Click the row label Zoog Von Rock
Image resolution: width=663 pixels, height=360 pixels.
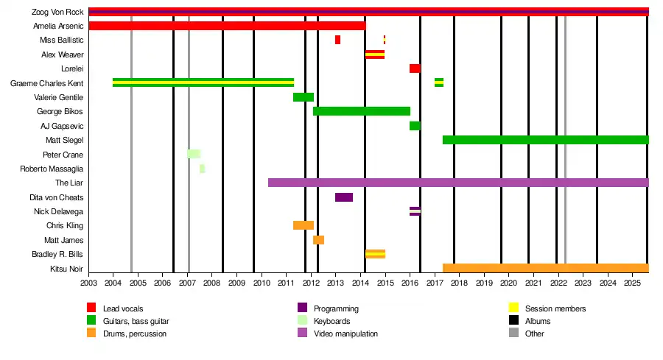(58, 12)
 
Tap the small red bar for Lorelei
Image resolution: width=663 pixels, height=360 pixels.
(415, 68)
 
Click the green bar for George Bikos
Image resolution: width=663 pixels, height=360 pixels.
(361, 111)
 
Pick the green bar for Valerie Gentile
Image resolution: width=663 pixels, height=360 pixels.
(304, 97)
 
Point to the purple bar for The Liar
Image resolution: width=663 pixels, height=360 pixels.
(457, 183)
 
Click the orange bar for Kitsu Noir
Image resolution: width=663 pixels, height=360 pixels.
(545, 268)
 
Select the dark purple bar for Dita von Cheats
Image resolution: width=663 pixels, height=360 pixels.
(344, 197)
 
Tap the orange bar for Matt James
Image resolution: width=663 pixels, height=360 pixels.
(318, 240)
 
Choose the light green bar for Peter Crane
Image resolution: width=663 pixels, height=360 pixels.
(194, 154)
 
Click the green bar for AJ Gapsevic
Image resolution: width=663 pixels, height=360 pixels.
(415, 126)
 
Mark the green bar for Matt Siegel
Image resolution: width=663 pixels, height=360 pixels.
(545, 140)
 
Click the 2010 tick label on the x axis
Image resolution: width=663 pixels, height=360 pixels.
(261, 283)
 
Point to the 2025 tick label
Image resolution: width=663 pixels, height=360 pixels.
(632, 283)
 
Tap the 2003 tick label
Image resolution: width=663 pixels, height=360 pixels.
(88, 283)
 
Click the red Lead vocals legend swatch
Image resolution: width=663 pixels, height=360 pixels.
(91, 308)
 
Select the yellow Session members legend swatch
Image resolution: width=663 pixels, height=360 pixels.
(513, 308)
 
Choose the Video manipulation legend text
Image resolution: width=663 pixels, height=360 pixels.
(345, 333)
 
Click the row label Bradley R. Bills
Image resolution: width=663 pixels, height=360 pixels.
(58, 254)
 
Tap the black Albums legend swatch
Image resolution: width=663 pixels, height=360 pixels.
(513, 321)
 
